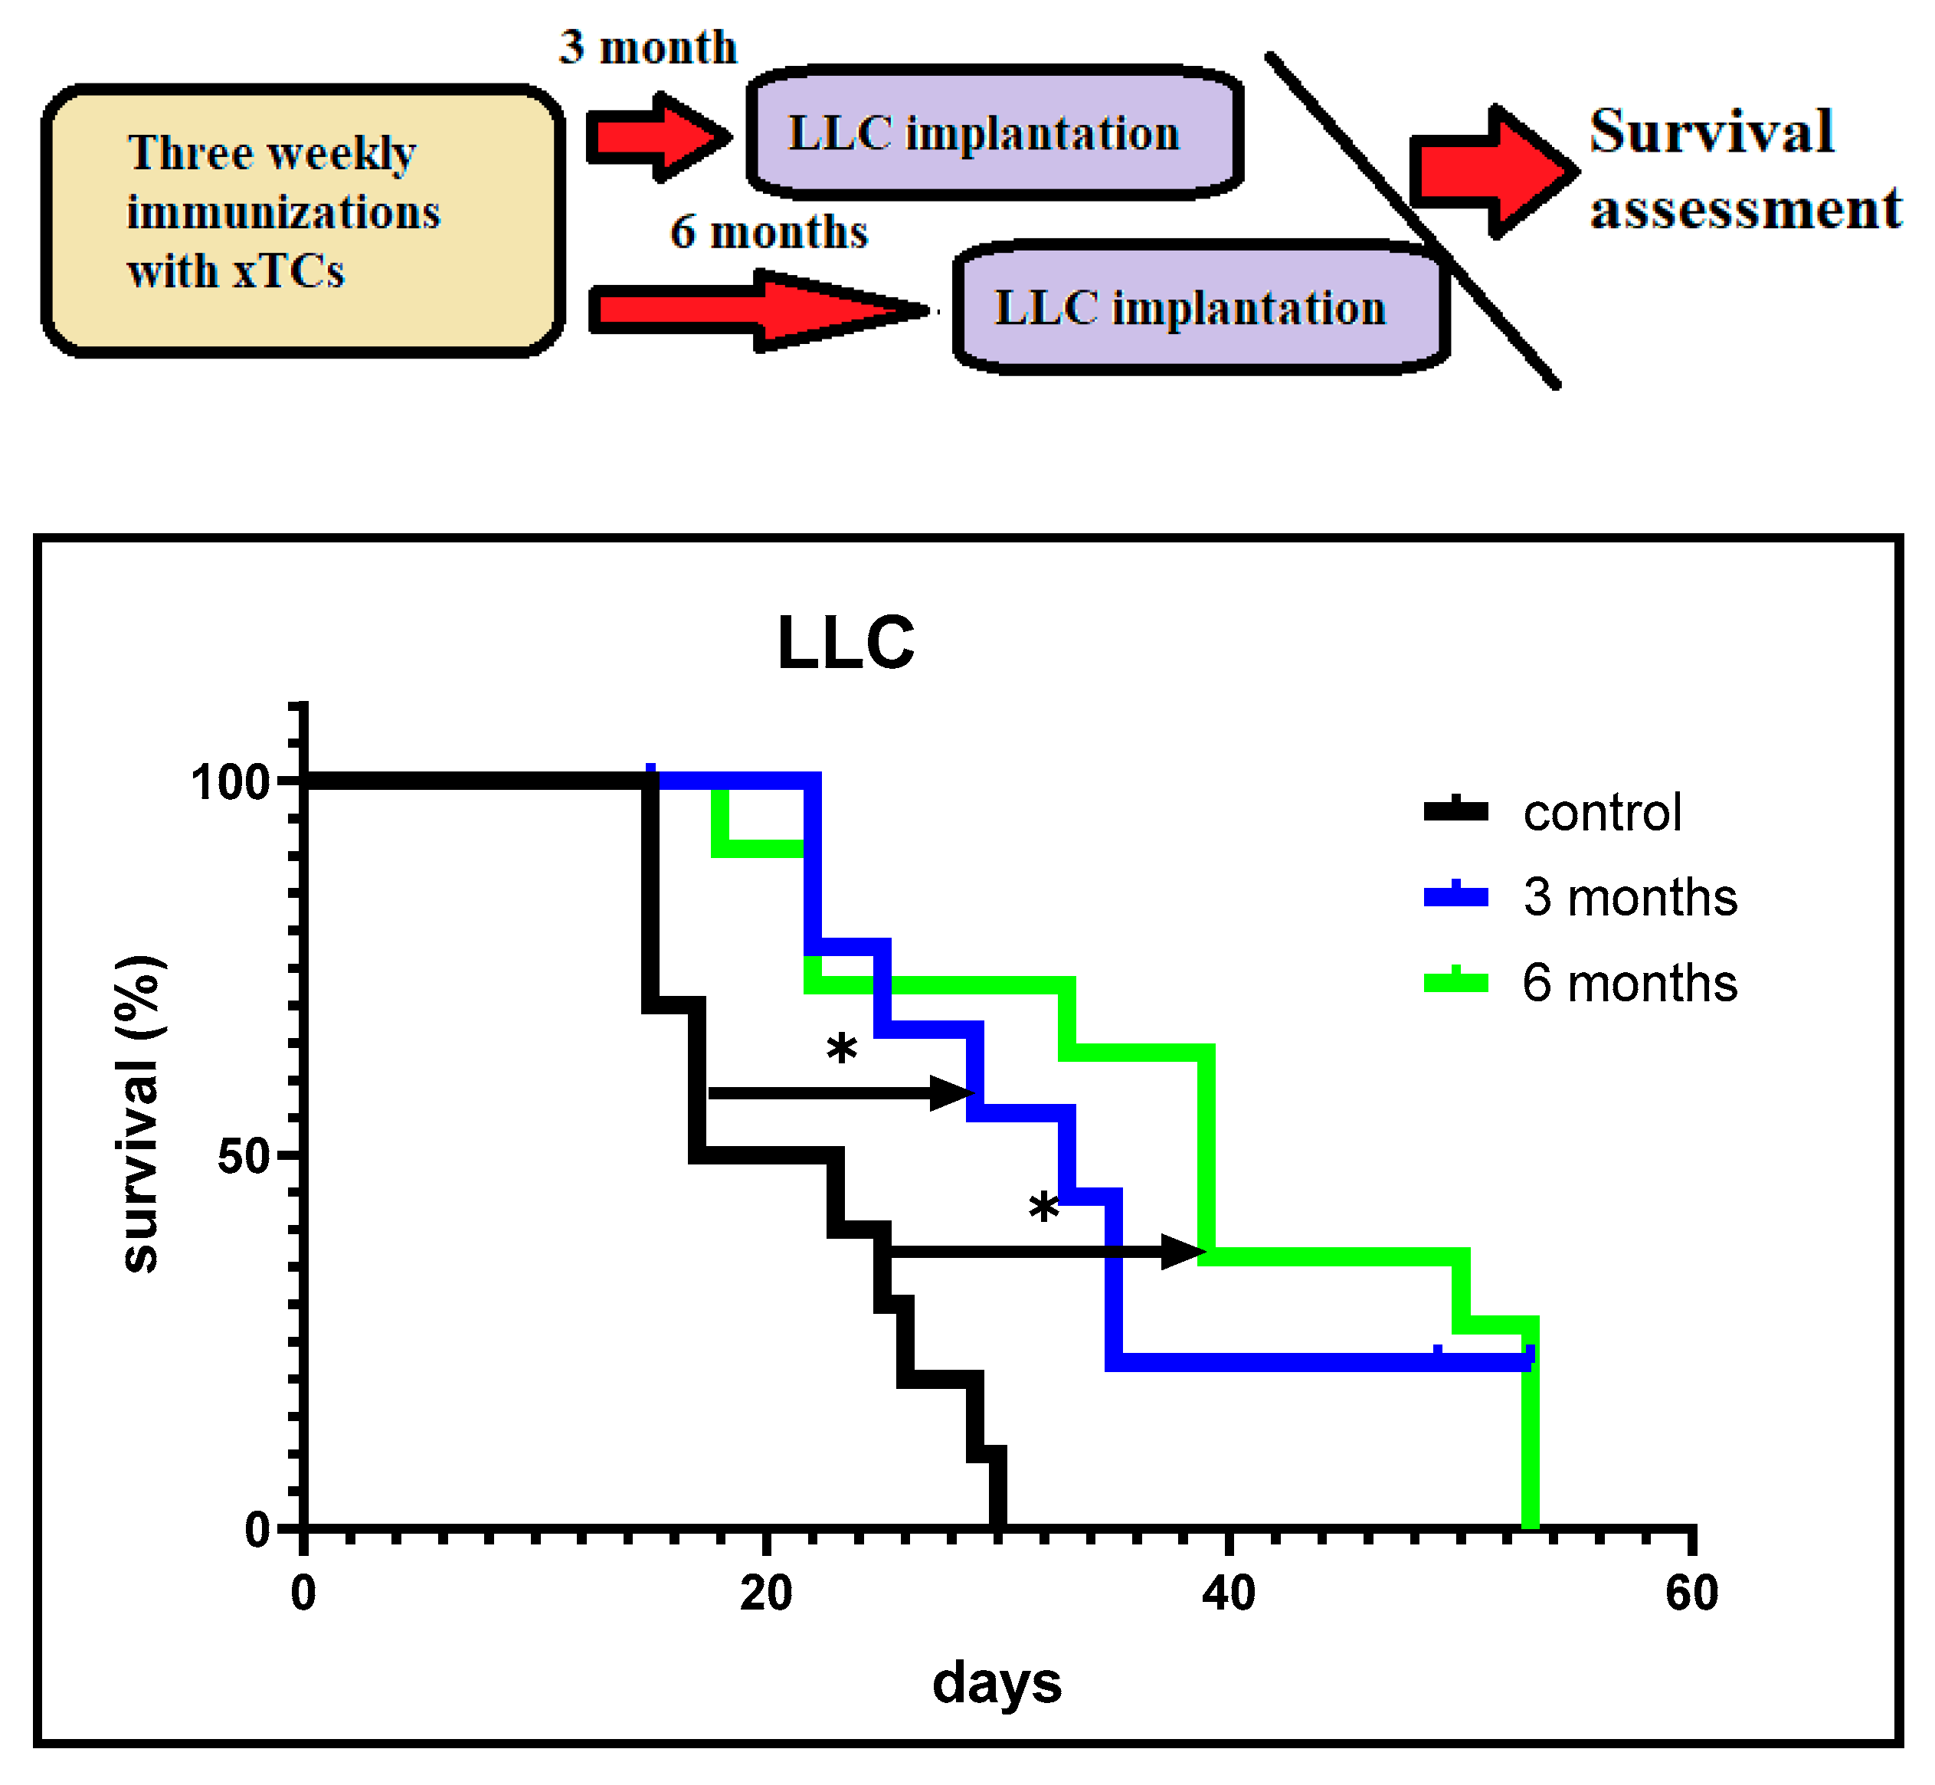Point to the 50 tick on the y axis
click(243, 1155)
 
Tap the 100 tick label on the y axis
click(230, 781)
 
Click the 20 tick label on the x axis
click(766, 1593)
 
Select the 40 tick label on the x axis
click(1229, 1593)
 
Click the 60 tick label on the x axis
click(1691, 1593)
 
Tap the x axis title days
click(997, 1682)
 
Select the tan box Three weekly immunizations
click(303, 220)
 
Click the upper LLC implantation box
click(994, 133)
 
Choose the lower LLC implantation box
click(1201, 308)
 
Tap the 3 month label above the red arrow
click(647, 47)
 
